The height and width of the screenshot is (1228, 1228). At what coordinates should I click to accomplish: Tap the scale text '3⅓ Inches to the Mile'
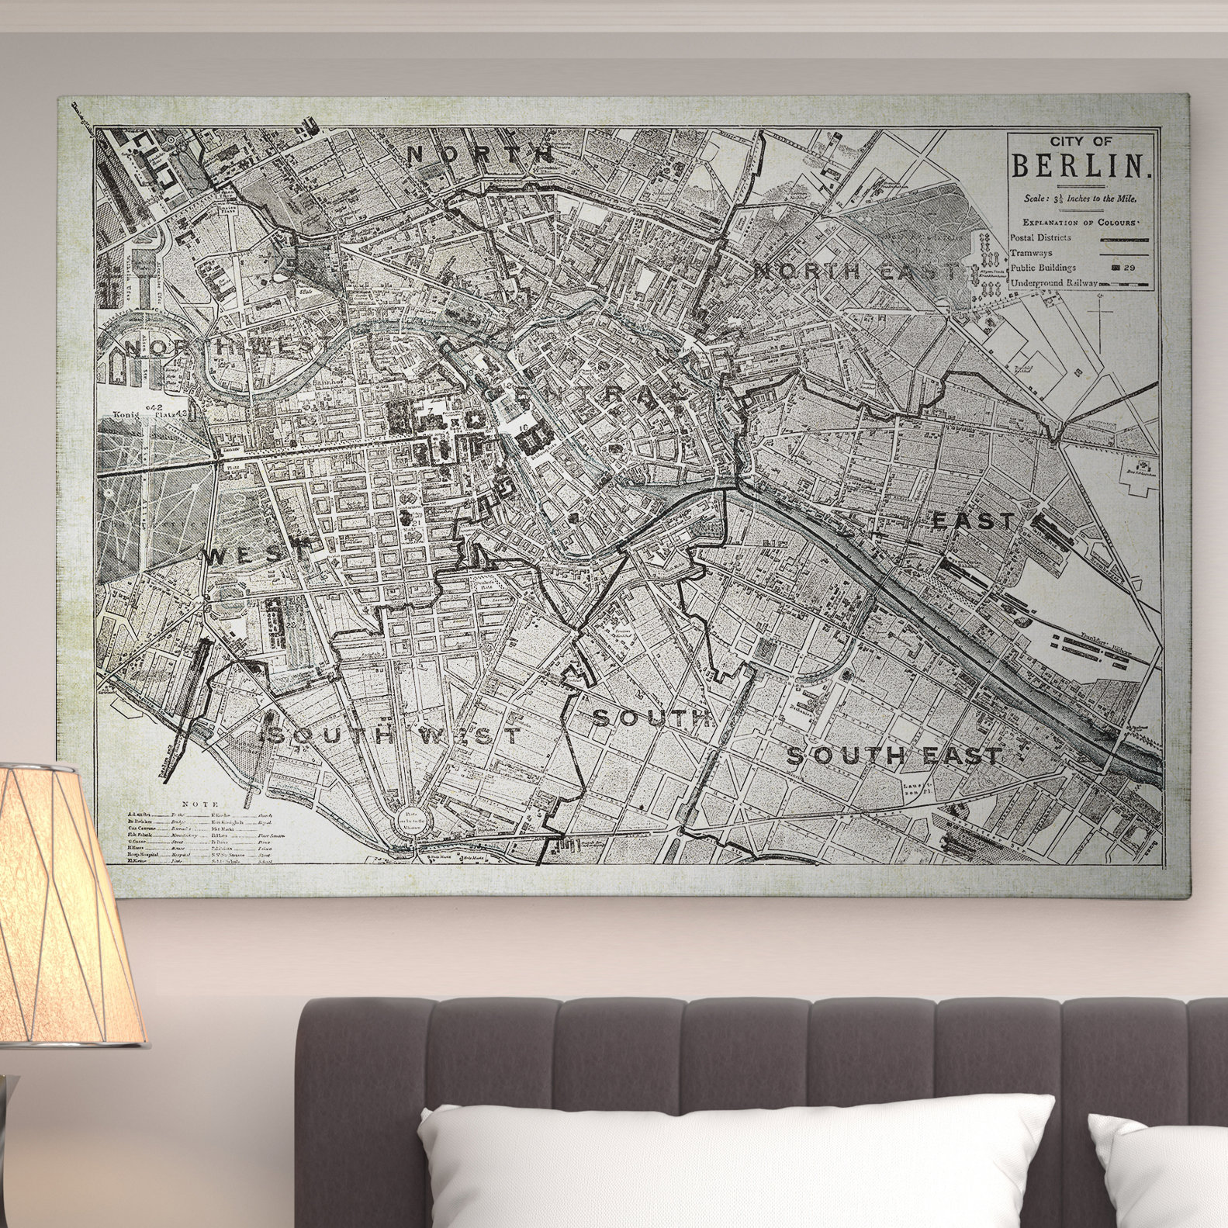pos(1080,199)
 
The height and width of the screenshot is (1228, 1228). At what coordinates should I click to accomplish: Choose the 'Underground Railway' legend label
pos(1053,284)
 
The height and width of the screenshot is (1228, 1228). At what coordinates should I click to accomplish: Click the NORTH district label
pos(480,154)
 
